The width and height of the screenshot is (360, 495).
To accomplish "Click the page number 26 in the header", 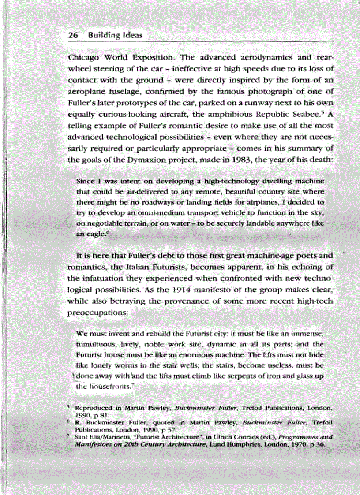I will click(x=73, y=35).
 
